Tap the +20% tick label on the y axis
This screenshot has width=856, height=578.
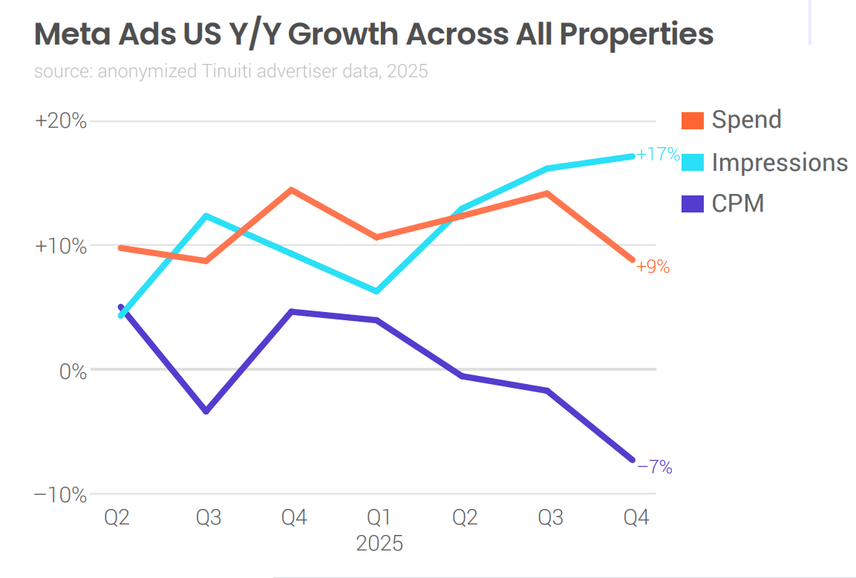(x=61, y=121)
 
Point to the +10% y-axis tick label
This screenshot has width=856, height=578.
(x=61, y=246)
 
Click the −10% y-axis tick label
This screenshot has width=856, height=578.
(x=61, y=495)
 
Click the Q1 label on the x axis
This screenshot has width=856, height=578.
(x=379, y=517)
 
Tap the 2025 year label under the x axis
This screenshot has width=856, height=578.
(x=379, y=543)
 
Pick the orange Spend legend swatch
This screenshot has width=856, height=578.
(x=692, y=120)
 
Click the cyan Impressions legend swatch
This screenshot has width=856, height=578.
(x=692, y=162)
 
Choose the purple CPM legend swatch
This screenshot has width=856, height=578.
(x=692, y=203)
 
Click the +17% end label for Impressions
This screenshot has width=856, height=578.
(x=658, y=155)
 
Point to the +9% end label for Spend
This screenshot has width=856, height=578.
(x=653, y=267)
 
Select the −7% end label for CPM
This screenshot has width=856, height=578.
(x=654, y=467)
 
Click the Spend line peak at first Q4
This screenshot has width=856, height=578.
(x=292, y=190)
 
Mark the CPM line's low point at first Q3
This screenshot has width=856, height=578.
(x=206, y=411)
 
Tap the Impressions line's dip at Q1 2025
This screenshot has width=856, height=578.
(x=377, y=291)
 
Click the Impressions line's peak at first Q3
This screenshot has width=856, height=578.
(x=206, y=216)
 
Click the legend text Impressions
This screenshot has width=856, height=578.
(x=780, y=162)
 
